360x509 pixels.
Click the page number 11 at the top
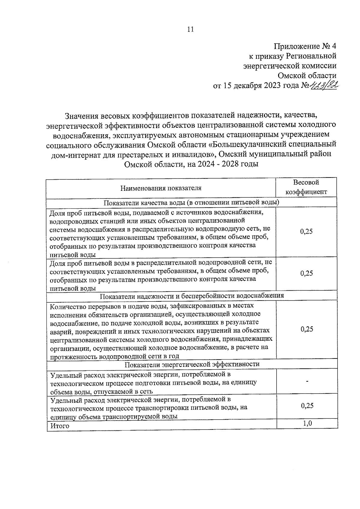(190, 29)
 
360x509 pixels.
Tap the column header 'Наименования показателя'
(161, 188)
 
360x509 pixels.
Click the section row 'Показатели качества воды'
(191, 202)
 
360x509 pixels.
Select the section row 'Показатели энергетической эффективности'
(192, 364)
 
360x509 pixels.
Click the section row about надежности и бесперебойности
(192, 296)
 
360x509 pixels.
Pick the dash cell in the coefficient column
(307, 381)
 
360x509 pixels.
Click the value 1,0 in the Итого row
(307, 423)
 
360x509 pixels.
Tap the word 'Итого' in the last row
(60, 426)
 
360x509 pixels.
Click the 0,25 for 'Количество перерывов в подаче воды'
(307, 329)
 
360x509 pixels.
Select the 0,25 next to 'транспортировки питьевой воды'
(307, 406)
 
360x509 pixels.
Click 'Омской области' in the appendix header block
(307, 75)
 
